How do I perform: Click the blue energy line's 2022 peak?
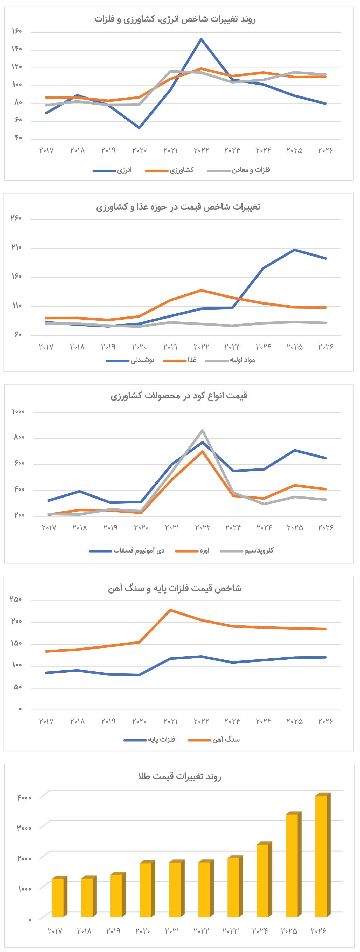pos(201,39)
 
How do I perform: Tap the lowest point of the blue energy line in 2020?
pos(139,128)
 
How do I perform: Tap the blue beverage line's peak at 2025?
pos(294,250)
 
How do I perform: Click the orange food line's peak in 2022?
pos(201,290)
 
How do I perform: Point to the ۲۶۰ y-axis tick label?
pos(17,218)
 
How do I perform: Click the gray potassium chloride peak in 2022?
pos(203,430)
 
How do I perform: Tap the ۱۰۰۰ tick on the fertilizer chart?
pos(18,411)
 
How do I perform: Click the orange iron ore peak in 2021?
pos(170,610)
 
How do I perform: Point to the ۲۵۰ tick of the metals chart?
pos(16,599)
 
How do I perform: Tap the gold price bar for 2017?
pos(58,898)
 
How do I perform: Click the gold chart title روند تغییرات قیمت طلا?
pos(180,776)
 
